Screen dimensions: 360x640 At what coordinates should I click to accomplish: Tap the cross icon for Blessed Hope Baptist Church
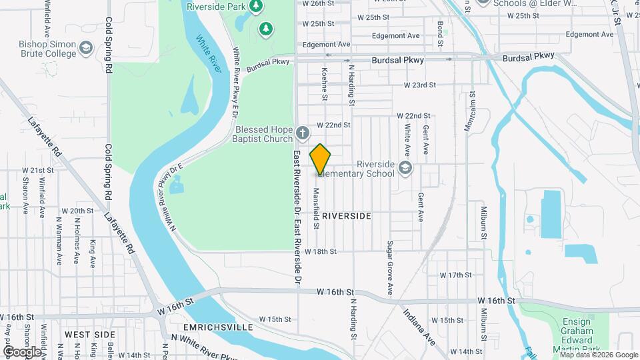point(302,132)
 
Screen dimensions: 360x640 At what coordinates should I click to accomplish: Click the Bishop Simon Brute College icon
point(86,48)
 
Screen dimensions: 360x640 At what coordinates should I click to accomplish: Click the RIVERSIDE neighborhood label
point(346,216)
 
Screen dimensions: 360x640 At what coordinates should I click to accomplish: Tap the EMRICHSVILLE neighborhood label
point(211,327)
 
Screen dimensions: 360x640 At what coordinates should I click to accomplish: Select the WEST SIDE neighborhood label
point(90,333)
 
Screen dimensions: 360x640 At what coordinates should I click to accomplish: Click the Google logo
point(22,351)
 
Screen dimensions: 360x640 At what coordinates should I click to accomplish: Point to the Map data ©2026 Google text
point(599,354)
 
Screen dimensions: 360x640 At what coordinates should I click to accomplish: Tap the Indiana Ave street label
point(419,327)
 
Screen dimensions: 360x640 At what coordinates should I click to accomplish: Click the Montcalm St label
point(471,113)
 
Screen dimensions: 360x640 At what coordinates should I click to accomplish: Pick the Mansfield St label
point(317,208)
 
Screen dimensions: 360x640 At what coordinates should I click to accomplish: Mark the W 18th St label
point(321,251)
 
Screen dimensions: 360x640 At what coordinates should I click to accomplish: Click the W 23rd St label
point(419,85)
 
